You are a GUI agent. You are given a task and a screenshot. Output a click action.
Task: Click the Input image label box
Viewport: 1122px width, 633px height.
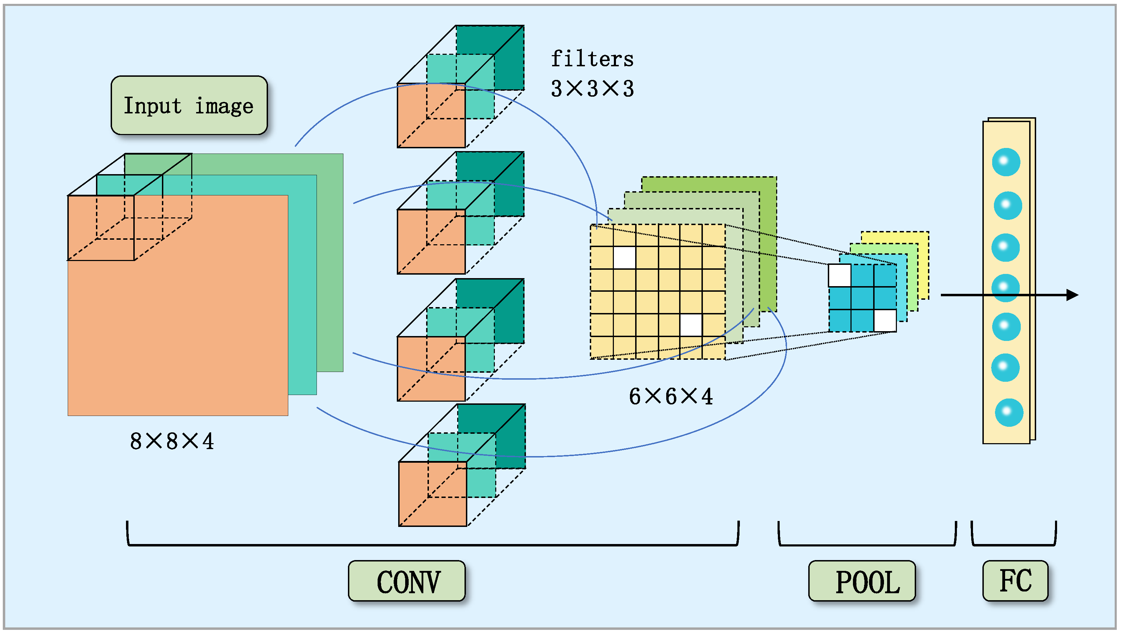[188, 105]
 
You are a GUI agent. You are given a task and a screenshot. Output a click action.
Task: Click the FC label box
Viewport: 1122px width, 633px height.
[1015, 581]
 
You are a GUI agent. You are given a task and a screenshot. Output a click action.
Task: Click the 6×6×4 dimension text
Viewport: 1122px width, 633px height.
[670, 396]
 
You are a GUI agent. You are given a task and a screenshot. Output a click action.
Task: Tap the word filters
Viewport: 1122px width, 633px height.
[592, 59]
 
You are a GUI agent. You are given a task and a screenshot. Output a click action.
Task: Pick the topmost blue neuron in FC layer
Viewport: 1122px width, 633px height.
[1006, 162]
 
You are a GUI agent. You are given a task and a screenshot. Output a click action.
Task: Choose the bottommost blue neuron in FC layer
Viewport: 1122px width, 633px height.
[1009, 412]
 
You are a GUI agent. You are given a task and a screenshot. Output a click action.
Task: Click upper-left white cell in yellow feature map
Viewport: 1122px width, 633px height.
[624, 258]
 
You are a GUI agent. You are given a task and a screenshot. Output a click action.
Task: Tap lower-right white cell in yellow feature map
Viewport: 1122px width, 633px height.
[691, 325]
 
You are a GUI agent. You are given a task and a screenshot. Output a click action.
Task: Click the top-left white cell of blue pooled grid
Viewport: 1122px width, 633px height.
[839, 275]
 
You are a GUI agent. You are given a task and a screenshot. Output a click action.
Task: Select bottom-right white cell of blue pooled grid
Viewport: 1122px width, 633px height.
[885, 321]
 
